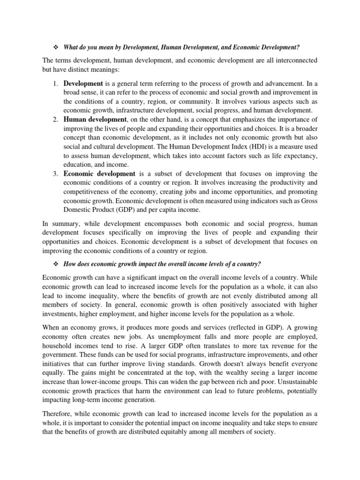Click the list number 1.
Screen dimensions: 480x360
55,83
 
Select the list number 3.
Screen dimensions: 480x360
55,174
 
